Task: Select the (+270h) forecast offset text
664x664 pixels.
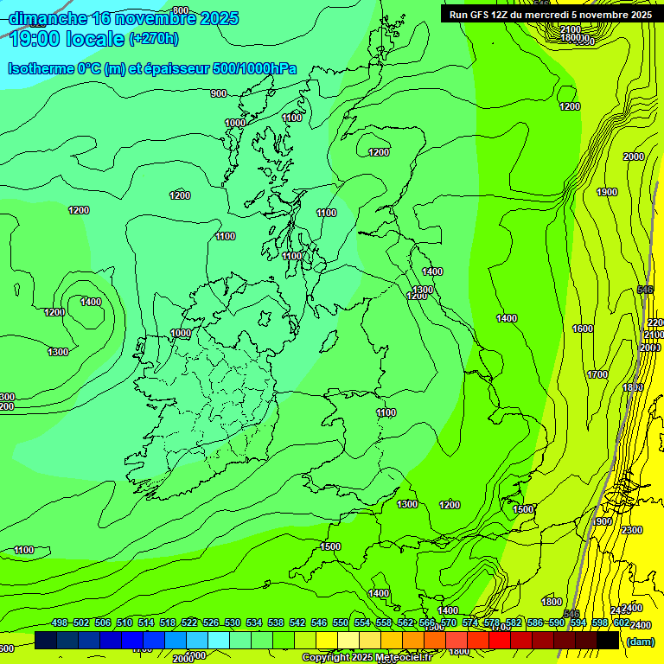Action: tap(153, 38)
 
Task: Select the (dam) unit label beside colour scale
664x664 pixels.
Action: tap(639, 641)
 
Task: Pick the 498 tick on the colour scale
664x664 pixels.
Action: tap(60, 622)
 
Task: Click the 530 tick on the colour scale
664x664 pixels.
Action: tap(232, 622)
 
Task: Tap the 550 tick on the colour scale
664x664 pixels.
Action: tap(340, 622)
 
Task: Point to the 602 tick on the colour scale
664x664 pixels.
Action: tap(621, 622)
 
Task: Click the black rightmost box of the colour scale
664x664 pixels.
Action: tap(608, 640)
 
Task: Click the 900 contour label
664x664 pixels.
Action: tap(218, 93)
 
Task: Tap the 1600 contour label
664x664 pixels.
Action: tap(583, 329)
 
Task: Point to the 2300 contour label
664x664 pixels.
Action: tap(631, 530)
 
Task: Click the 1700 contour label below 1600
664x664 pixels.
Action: tap(597, 374)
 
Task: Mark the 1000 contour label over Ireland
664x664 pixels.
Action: tap(181, 333)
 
